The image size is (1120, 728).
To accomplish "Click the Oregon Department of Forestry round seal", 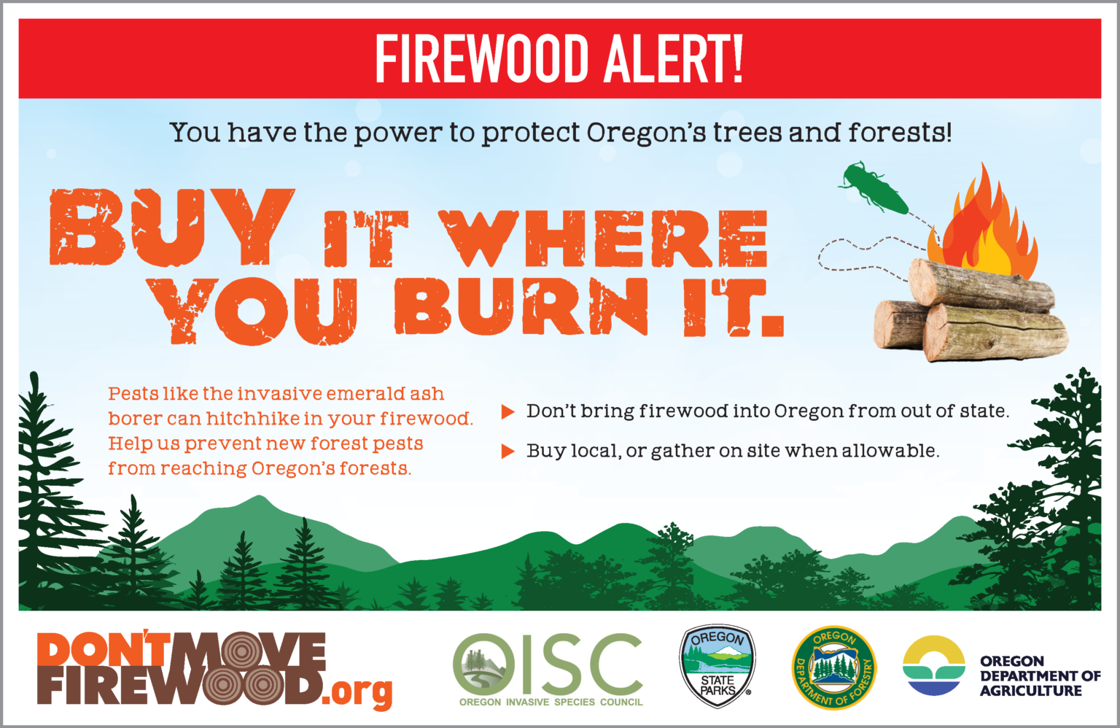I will point(833,667).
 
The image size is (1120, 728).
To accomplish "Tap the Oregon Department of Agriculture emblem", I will point(933,665).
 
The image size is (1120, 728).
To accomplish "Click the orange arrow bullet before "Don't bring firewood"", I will point(507,412).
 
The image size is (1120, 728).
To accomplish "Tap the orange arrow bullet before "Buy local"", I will point(507,452).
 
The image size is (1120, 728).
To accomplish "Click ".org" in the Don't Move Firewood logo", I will point(361,690).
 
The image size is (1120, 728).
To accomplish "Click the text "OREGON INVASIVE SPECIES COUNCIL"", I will point(551,702).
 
